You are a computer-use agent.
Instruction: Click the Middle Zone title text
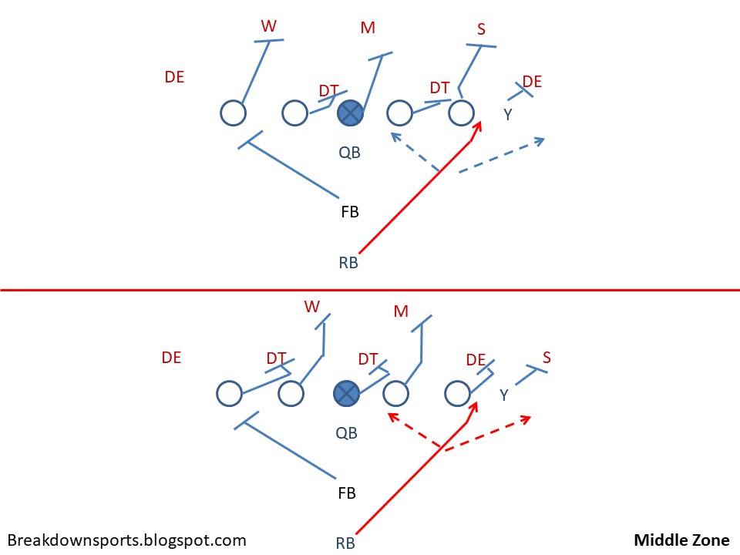click(x=682, y=540)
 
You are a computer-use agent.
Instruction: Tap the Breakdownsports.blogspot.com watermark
click(x=127, y=540)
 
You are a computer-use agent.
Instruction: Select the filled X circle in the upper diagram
click(x=350, y=113)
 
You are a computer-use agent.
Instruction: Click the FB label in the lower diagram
click(x=347, y=492)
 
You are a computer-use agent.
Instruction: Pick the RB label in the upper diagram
click(x=348, y=262)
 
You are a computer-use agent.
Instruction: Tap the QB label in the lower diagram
click(x=347, y=433)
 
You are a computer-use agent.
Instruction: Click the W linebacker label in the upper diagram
click(x=268, y=26)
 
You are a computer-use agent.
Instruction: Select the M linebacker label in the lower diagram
click(x=401, y=311)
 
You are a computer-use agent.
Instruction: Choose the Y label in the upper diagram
click(x=507, y=115)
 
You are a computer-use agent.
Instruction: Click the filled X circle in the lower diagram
click(x=346, y=394)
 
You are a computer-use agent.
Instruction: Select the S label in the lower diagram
click(x=547, y=357)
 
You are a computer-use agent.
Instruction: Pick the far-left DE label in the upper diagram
click(x=174, y=77)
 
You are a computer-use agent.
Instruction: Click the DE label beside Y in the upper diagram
click(x=532, y=82)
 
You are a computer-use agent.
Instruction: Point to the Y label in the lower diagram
click(x=503, y=395)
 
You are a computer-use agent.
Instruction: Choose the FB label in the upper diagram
click(x=350, y=211)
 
